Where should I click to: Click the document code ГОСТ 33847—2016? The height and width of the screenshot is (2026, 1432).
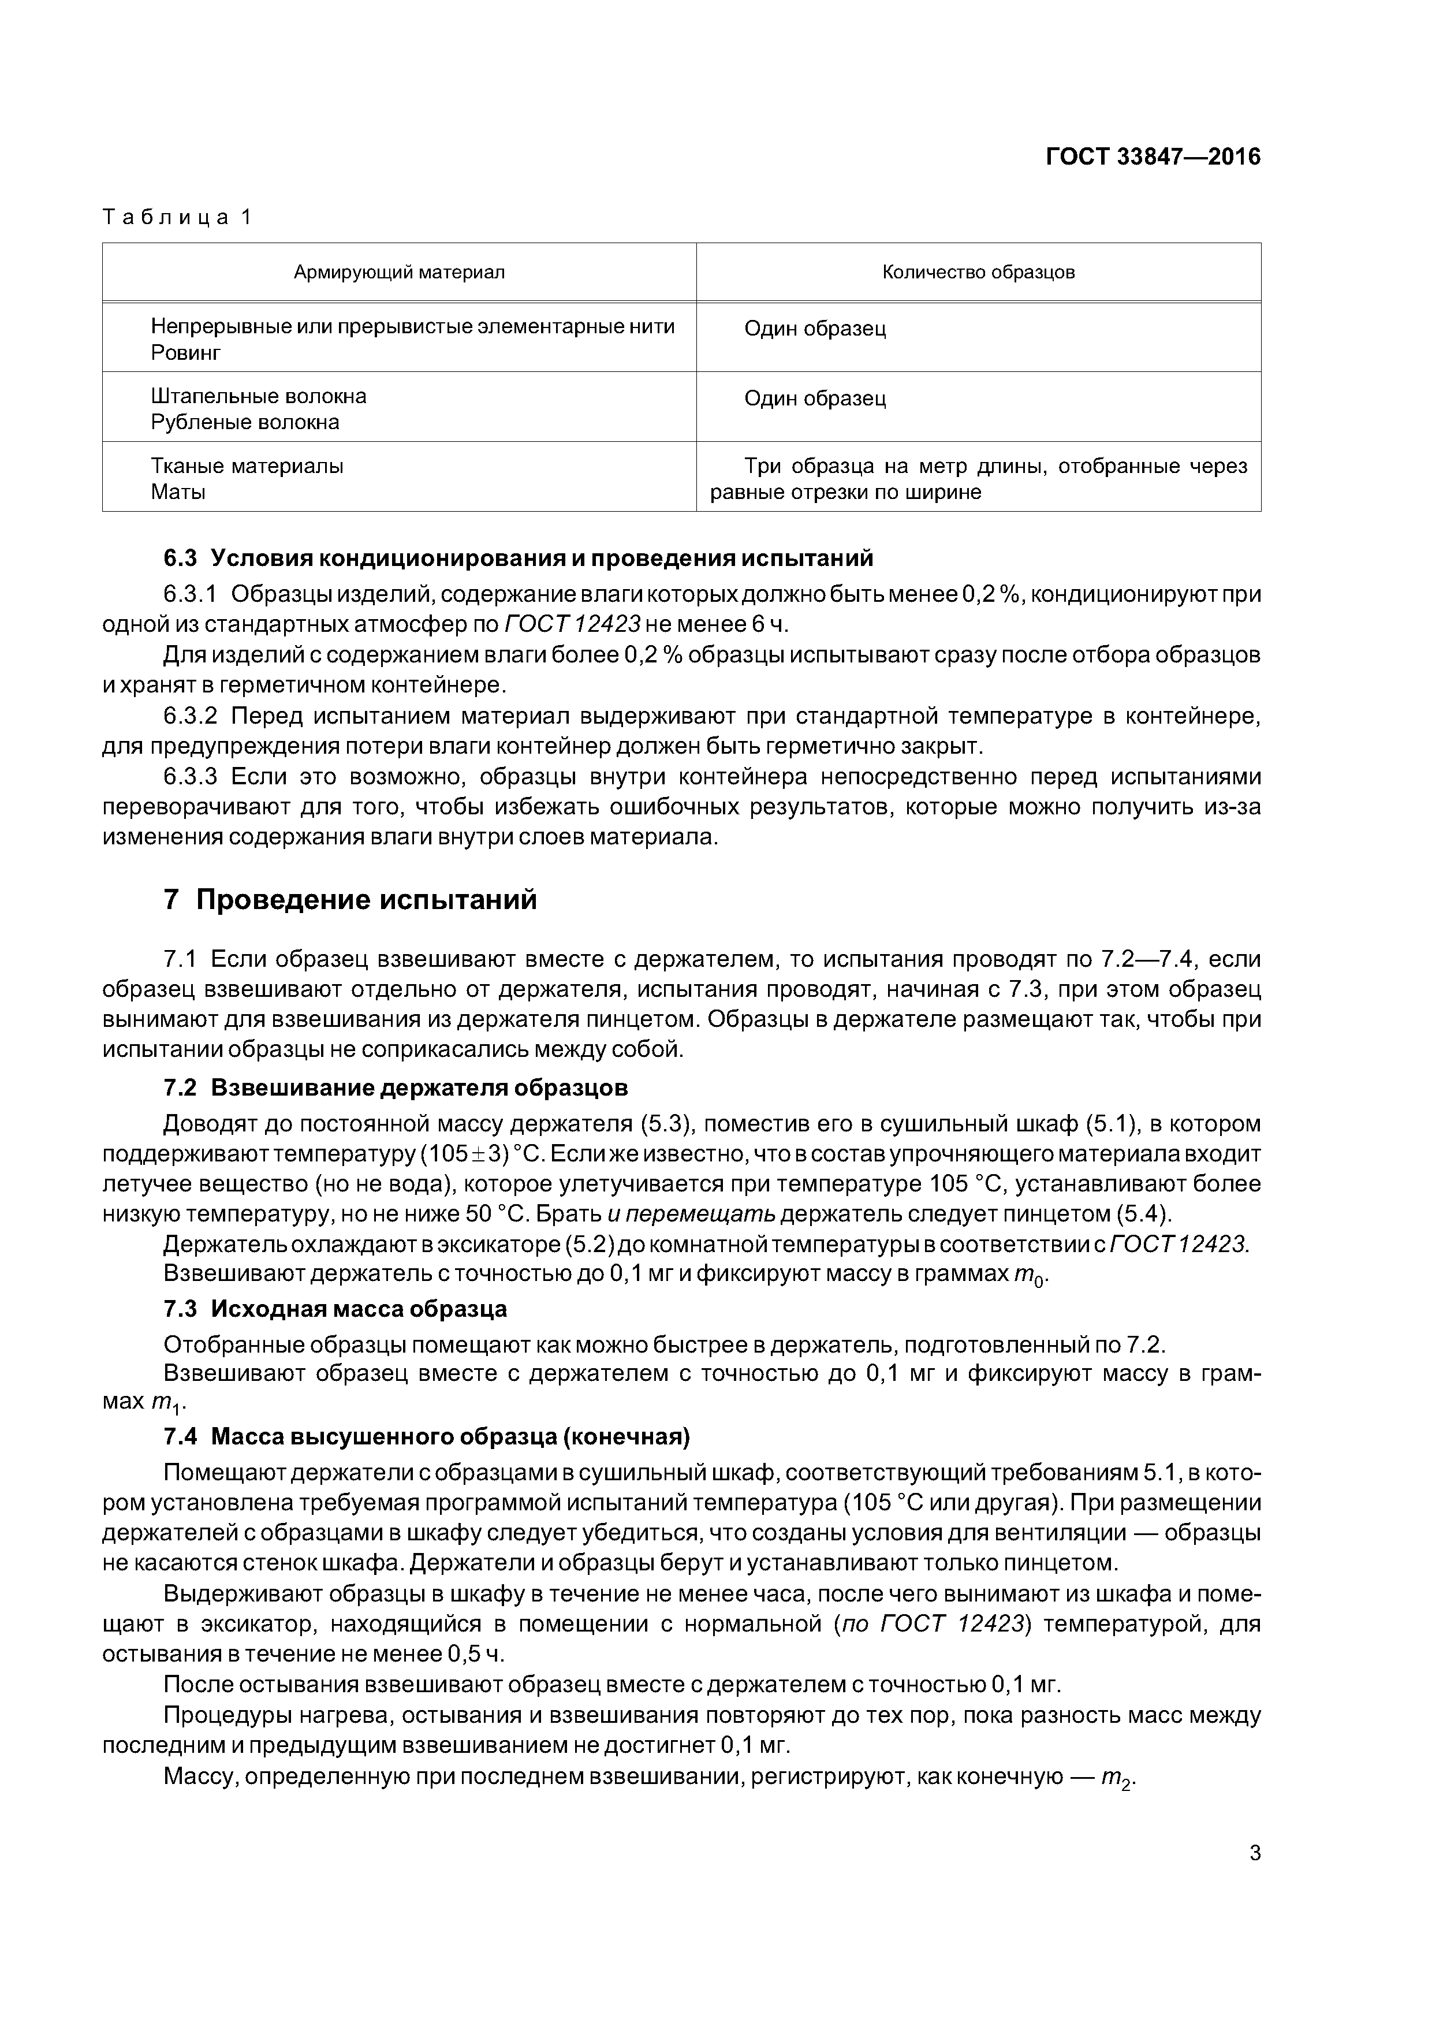click(1153, 157)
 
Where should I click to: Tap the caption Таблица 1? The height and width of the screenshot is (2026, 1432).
click(177, 217)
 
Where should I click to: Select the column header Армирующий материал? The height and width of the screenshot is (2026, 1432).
click(399, 273)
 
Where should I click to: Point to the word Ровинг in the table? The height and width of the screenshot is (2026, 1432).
click(185, 353)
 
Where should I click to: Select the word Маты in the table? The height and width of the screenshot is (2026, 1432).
click(178, 493)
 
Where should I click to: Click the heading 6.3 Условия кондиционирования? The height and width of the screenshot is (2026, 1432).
click(519, 558)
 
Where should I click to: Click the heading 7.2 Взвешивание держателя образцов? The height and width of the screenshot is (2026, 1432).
click(396, 1088)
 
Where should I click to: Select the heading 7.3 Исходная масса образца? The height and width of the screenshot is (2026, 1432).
click(335, 1309)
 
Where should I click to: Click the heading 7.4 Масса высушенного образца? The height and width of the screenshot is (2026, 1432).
click(427, 1437)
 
